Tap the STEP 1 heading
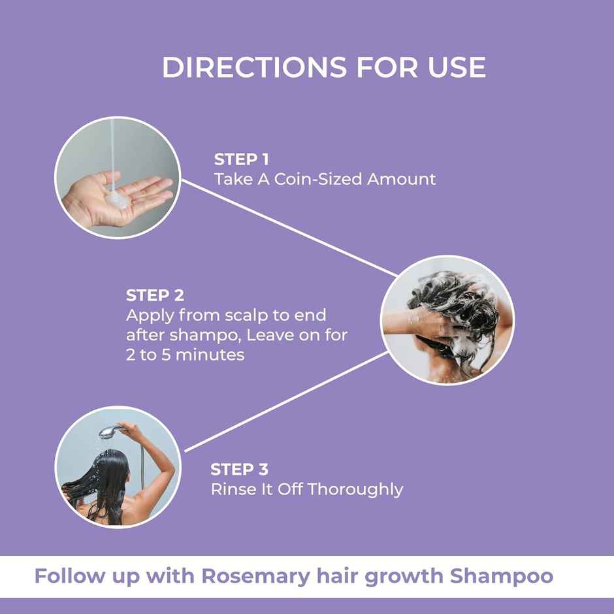point(242,159)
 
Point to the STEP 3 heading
point(240,469)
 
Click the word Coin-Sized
point(309,179)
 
